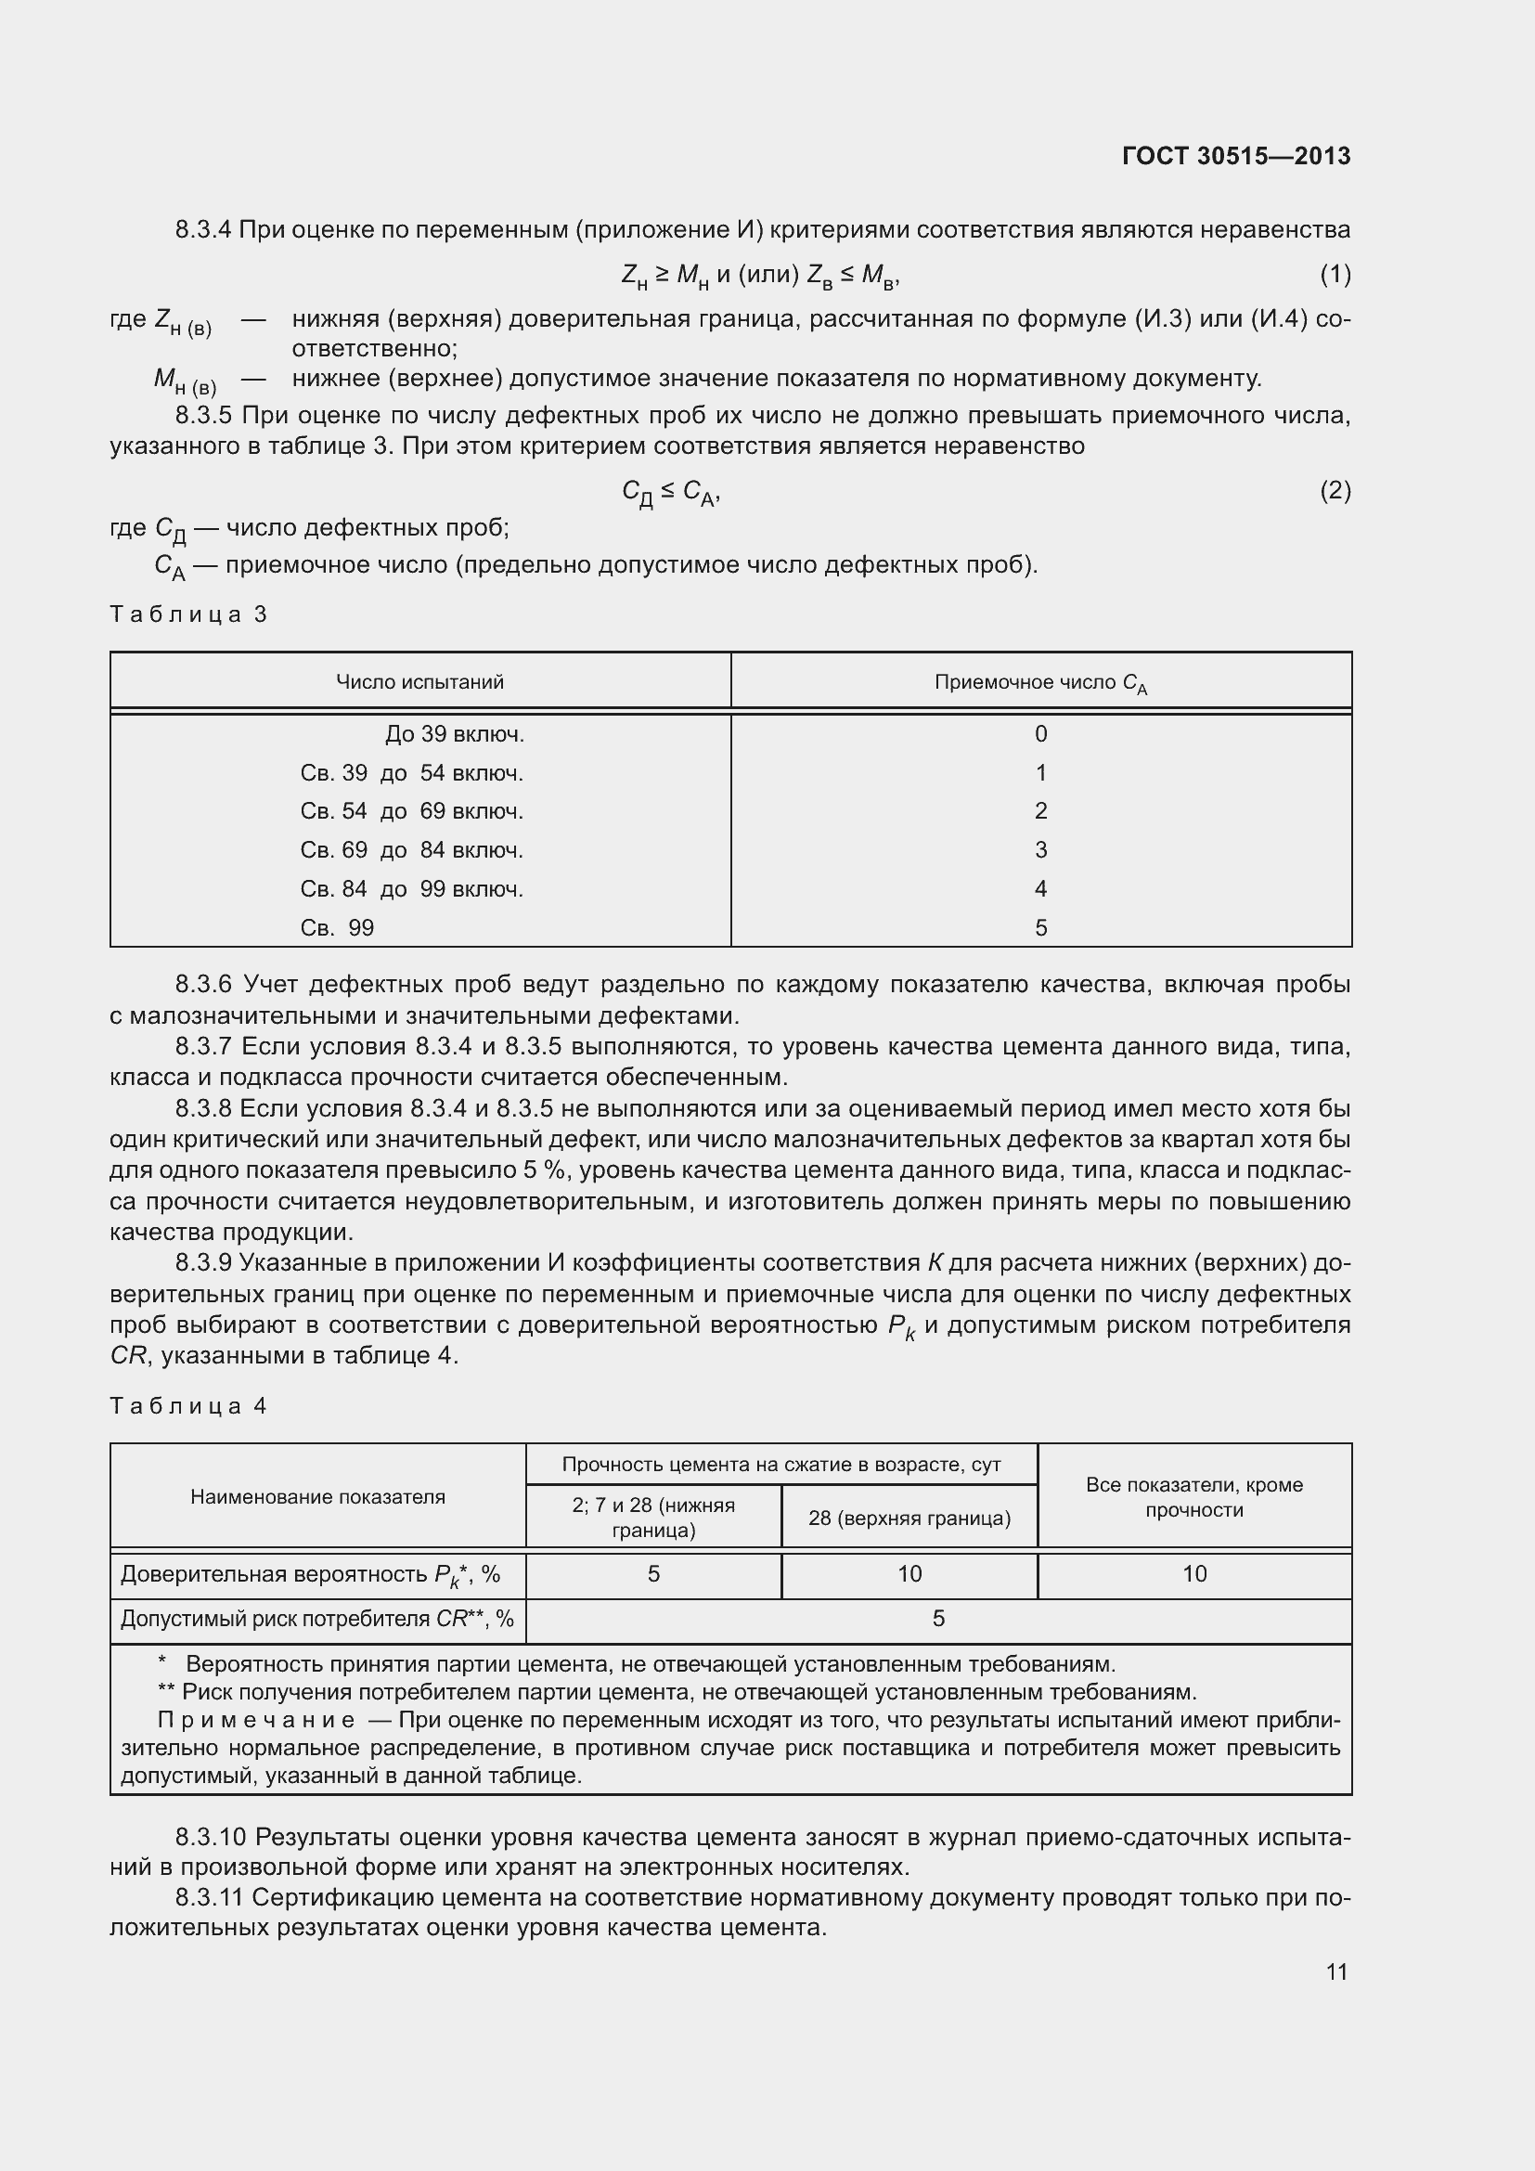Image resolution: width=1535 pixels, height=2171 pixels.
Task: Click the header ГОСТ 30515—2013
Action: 1235,156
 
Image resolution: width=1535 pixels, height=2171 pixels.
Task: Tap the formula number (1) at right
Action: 1335,275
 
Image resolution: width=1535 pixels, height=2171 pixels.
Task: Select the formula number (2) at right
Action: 1335,491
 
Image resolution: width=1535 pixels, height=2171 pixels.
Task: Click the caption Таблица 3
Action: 188,614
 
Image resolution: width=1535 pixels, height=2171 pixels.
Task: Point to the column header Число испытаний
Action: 419,682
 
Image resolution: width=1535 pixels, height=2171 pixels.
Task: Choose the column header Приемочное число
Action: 1039,683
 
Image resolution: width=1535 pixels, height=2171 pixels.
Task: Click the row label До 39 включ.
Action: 454,735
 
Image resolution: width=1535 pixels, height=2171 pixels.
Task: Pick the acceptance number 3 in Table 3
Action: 1040,850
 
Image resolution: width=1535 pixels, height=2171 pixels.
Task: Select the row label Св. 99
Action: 337,928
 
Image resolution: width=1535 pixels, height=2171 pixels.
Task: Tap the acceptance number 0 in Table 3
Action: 1040,735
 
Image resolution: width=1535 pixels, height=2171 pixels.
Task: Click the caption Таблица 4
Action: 188,1406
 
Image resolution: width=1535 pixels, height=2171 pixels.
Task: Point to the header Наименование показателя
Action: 317,1497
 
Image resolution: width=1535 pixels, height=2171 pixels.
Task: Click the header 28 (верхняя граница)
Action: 909,1518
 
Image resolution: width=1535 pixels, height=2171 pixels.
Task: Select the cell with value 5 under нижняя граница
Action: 653,1573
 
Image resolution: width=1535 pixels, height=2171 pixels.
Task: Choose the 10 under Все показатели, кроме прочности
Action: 1193,1573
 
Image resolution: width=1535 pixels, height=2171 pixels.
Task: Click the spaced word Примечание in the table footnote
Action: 256,1719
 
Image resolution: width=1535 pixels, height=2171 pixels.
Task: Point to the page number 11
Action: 1335,1971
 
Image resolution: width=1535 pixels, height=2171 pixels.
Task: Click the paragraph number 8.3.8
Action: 203,1108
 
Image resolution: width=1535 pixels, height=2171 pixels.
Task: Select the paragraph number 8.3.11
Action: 209,1898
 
